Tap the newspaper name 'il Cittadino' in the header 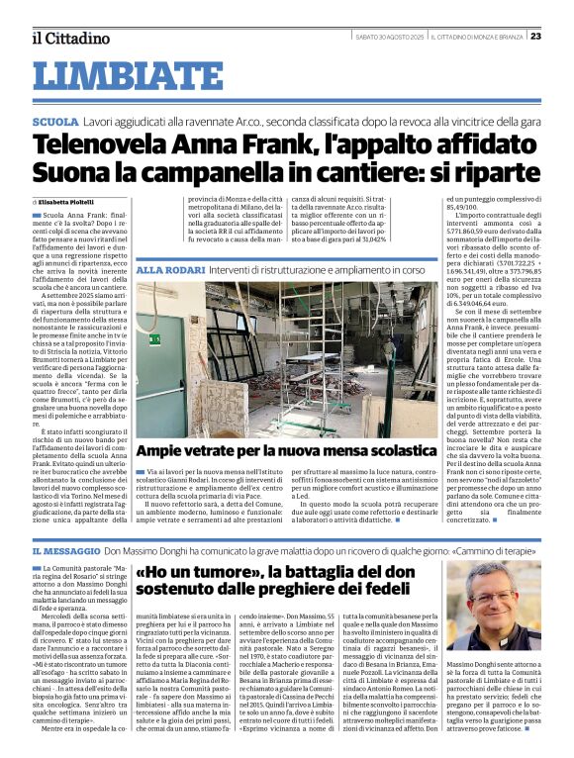point(69,38)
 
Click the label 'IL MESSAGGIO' point(63,549)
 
